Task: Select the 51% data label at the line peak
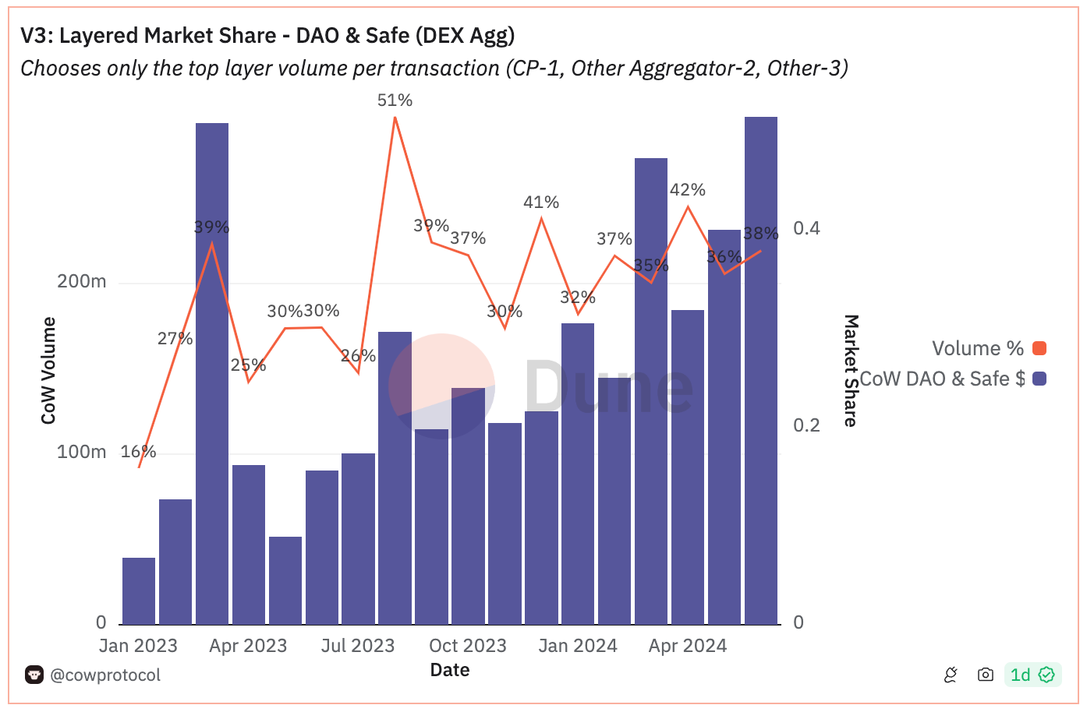click(x=395, y=100)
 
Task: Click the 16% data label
click(x=138, y=452)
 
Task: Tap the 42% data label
click(x=688, y=190)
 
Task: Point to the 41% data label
click(x=541, y=203)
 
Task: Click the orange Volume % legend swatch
click(x=1039, y=348)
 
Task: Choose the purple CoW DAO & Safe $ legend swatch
click(x=1039, y=379)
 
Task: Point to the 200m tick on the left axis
click(x=82, y=281)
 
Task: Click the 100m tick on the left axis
click(x=82, y=452)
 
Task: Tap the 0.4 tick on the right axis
click(x=806, y=228)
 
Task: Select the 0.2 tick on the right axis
click(x=806, y=425)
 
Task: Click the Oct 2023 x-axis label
click(x=468, y=646)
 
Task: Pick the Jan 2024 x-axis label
click(x=578, y=646)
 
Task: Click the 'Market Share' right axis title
click(x=851, y=371)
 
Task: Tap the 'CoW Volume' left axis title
click(x=49, y=371)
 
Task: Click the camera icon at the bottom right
click(x=986, y=675)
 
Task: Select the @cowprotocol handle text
click(x=105, y=675)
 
